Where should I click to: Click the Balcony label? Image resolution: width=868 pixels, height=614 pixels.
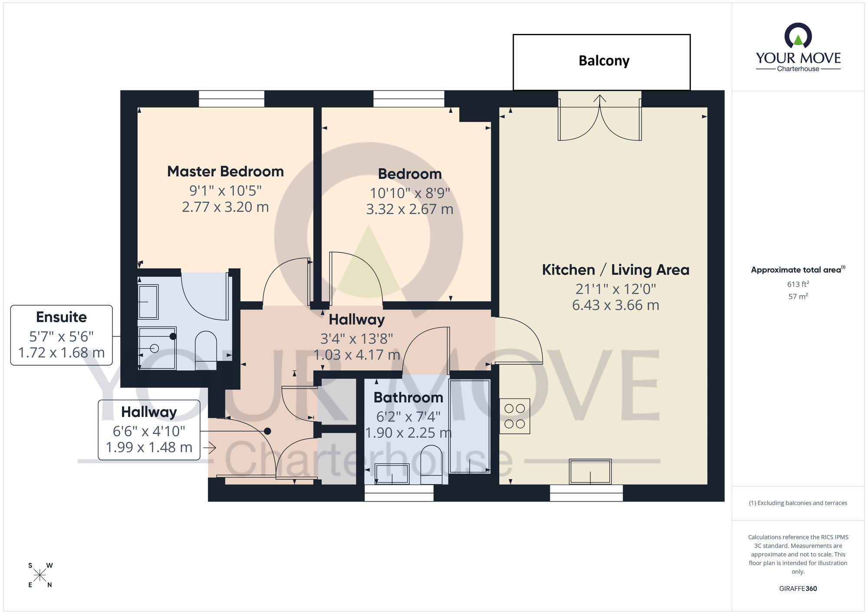[604, 61]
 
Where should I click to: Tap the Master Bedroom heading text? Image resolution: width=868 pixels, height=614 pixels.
[225, 172]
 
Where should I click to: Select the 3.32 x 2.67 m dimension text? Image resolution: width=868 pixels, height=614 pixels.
[409, 209]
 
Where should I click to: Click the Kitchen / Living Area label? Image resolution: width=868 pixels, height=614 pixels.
[615, 270]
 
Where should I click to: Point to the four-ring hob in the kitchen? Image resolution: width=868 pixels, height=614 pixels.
[515, 416]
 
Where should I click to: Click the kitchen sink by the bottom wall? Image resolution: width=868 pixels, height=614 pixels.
[590, 471]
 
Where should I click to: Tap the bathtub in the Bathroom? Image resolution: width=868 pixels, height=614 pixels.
[470, 426]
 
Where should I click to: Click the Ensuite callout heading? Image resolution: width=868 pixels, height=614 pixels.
[61, 317]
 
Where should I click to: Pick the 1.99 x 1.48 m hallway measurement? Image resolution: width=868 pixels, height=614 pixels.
[149, 447]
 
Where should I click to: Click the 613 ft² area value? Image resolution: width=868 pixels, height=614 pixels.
[798, 284]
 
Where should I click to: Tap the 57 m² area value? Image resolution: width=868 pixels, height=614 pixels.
[798, 297]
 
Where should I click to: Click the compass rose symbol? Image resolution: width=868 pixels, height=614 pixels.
[40, 575]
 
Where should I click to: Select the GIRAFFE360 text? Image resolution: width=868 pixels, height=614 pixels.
[798, 589]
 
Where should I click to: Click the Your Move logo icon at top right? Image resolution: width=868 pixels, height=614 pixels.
[798, 36]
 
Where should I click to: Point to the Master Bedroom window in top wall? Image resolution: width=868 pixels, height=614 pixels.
[231, 99]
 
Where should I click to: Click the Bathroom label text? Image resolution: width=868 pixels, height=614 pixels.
[408, 397]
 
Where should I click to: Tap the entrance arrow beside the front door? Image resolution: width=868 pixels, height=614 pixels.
[211, 447]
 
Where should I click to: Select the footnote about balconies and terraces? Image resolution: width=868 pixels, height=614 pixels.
[798, 503]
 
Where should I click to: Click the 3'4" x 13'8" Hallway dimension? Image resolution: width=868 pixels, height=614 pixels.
[357, 338]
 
